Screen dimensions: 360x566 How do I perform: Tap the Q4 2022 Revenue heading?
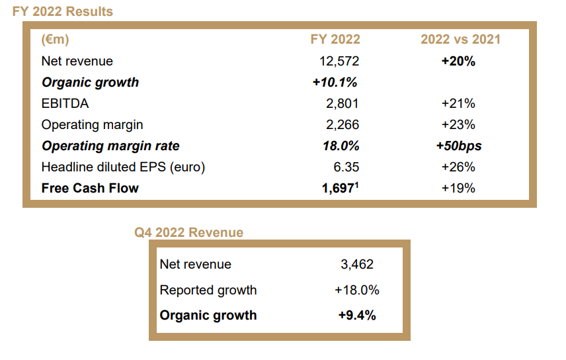(x=189, y=232)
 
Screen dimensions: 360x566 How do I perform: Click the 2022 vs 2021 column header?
(x=460, y=40)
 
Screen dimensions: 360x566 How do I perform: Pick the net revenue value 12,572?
(x=339, y=61)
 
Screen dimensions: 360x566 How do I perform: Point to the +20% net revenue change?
(x=458, y=61)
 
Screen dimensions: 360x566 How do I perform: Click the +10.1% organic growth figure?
(x=335, y=82)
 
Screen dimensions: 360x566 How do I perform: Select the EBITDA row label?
(x=65, y=103)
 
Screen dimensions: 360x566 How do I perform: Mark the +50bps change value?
(x=458, y=146)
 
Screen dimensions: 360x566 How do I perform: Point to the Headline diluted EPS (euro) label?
(x=123, y=167)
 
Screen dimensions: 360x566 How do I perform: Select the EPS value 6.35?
(x=346, y=167)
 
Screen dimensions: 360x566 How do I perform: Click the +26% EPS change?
(x=458, y=167)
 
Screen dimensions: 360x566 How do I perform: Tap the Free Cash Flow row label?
(x=90, y=188)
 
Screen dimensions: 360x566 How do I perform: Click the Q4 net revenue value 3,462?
(x=357, y=264)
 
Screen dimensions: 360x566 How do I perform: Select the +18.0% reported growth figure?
(x=357, y=290)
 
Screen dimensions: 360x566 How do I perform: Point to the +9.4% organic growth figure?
(x=357, y=315)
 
